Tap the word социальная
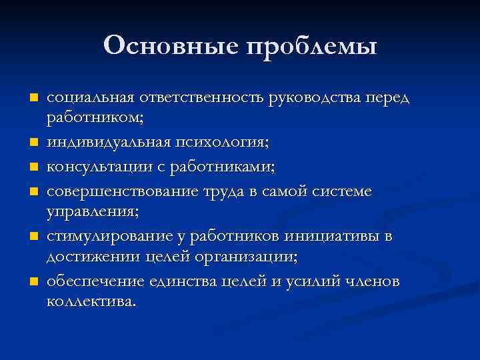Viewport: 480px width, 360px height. pos(89,98)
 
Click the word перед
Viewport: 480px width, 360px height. pos(390,99)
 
